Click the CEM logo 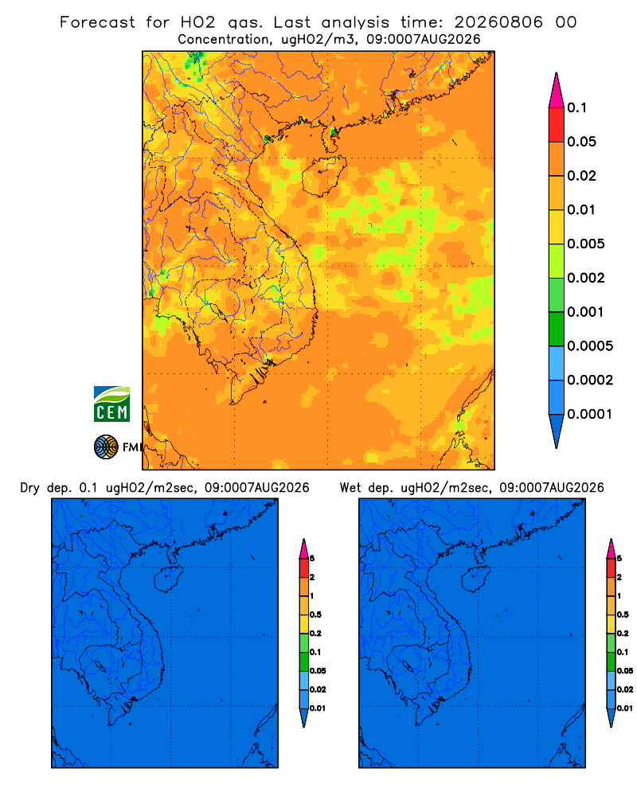click(x=111, y=404)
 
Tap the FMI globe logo click(x=106, y=447)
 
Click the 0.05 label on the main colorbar click(x=581, y=142)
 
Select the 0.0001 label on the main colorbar click(x=590, y=414)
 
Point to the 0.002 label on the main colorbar click(x=586, y=278)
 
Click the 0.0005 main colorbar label click(x=590, y=346)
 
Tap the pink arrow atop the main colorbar click(x=557, y=91)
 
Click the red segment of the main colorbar click(x=557, y=125)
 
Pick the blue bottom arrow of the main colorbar click(x=557, y=431)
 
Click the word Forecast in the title click(x=97, y=22)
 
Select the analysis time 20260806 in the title click(x=498, y=22)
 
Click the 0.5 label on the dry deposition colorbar click(x=315, y=615)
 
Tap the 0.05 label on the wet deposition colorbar click(x=625, y=670)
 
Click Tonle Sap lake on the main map click(x=218, y=310)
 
